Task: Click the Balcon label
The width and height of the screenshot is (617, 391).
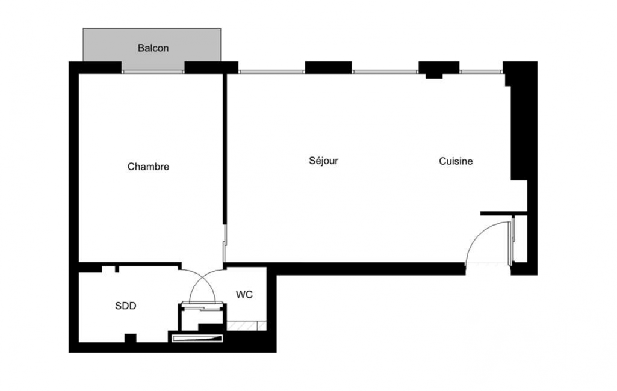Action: click(153, 48)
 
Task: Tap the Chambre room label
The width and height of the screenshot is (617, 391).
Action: click(148, 167)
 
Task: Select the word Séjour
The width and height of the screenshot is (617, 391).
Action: click(323, 161)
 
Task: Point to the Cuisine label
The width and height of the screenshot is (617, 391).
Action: click(456, 161)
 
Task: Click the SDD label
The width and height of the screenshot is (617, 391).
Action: click(126, 306)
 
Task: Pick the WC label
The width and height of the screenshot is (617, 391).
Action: click(244, 294)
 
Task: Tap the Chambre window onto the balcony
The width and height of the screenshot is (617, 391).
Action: click(153, 72)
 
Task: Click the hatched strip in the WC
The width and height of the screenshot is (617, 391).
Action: click(246, 325)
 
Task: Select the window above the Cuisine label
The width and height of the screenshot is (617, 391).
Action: click(481, 72)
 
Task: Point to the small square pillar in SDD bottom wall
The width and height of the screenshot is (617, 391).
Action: click(131, 338)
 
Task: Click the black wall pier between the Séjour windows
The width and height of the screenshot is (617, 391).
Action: click(328, 67)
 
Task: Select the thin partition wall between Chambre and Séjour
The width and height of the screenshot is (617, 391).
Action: click(225, 149)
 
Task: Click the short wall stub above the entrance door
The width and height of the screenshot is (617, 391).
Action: click(504, 213)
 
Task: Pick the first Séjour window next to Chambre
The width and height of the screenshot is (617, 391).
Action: click(271, 72)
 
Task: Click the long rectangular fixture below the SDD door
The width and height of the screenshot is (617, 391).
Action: click(197, 338)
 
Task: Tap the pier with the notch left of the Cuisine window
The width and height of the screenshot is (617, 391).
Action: click(439, 69)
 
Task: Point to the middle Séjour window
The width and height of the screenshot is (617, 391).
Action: click(385, 72)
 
